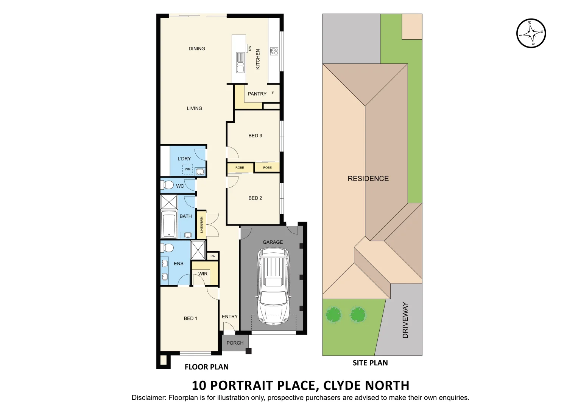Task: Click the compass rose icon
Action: click(x=531, y=33)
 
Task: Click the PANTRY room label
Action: click(x=257, y=94)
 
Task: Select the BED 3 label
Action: click(x=255, y=136)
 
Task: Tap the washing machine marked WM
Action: click(x=188, y=169)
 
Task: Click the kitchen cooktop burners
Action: click(x=274, y=51)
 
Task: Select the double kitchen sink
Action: click(x=240, y=63)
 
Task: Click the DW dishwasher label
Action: click(x=250, y=48)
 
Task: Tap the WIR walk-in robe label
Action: click(x=203, y=274)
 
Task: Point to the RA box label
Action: click(x=213, y=256)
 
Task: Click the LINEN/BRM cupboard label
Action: click(x=202, y=224)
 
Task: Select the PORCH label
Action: click(x=235, y=343)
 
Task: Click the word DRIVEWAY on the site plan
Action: click(x=405, y=320)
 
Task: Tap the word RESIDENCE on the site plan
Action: click(x=368, y=179)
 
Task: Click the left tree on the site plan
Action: click(x=333, y=314)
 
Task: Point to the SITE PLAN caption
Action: click(x=370, y=363)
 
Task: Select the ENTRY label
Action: click(x=230, y=317)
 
